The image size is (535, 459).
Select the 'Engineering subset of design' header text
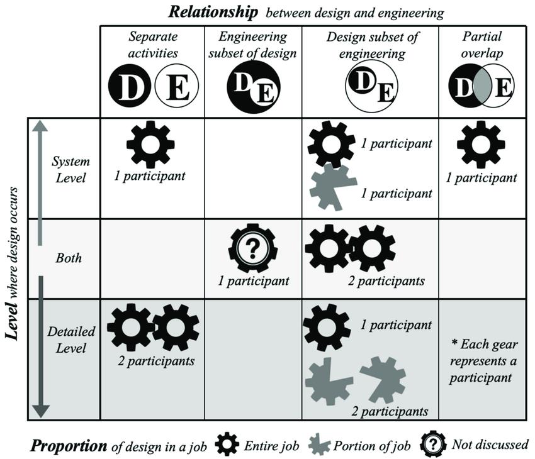[252, 45]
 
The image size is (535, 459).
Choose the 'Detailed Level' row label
[70, 340]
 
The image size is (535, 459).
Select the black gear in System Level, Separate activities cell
[150, 144]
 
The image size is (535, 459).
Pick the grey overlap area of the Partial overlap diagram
[481, 87]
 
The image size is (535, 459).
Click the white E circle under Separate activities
[177, 87]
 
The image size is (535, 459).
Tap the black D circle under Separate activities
[131, 87]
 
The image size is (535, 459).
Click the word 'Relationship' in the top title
[205, 11]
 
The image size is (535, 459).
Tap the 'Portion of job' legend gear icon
[322, 445]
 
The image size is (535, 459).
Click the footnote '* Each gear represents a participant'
[481, 362]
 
